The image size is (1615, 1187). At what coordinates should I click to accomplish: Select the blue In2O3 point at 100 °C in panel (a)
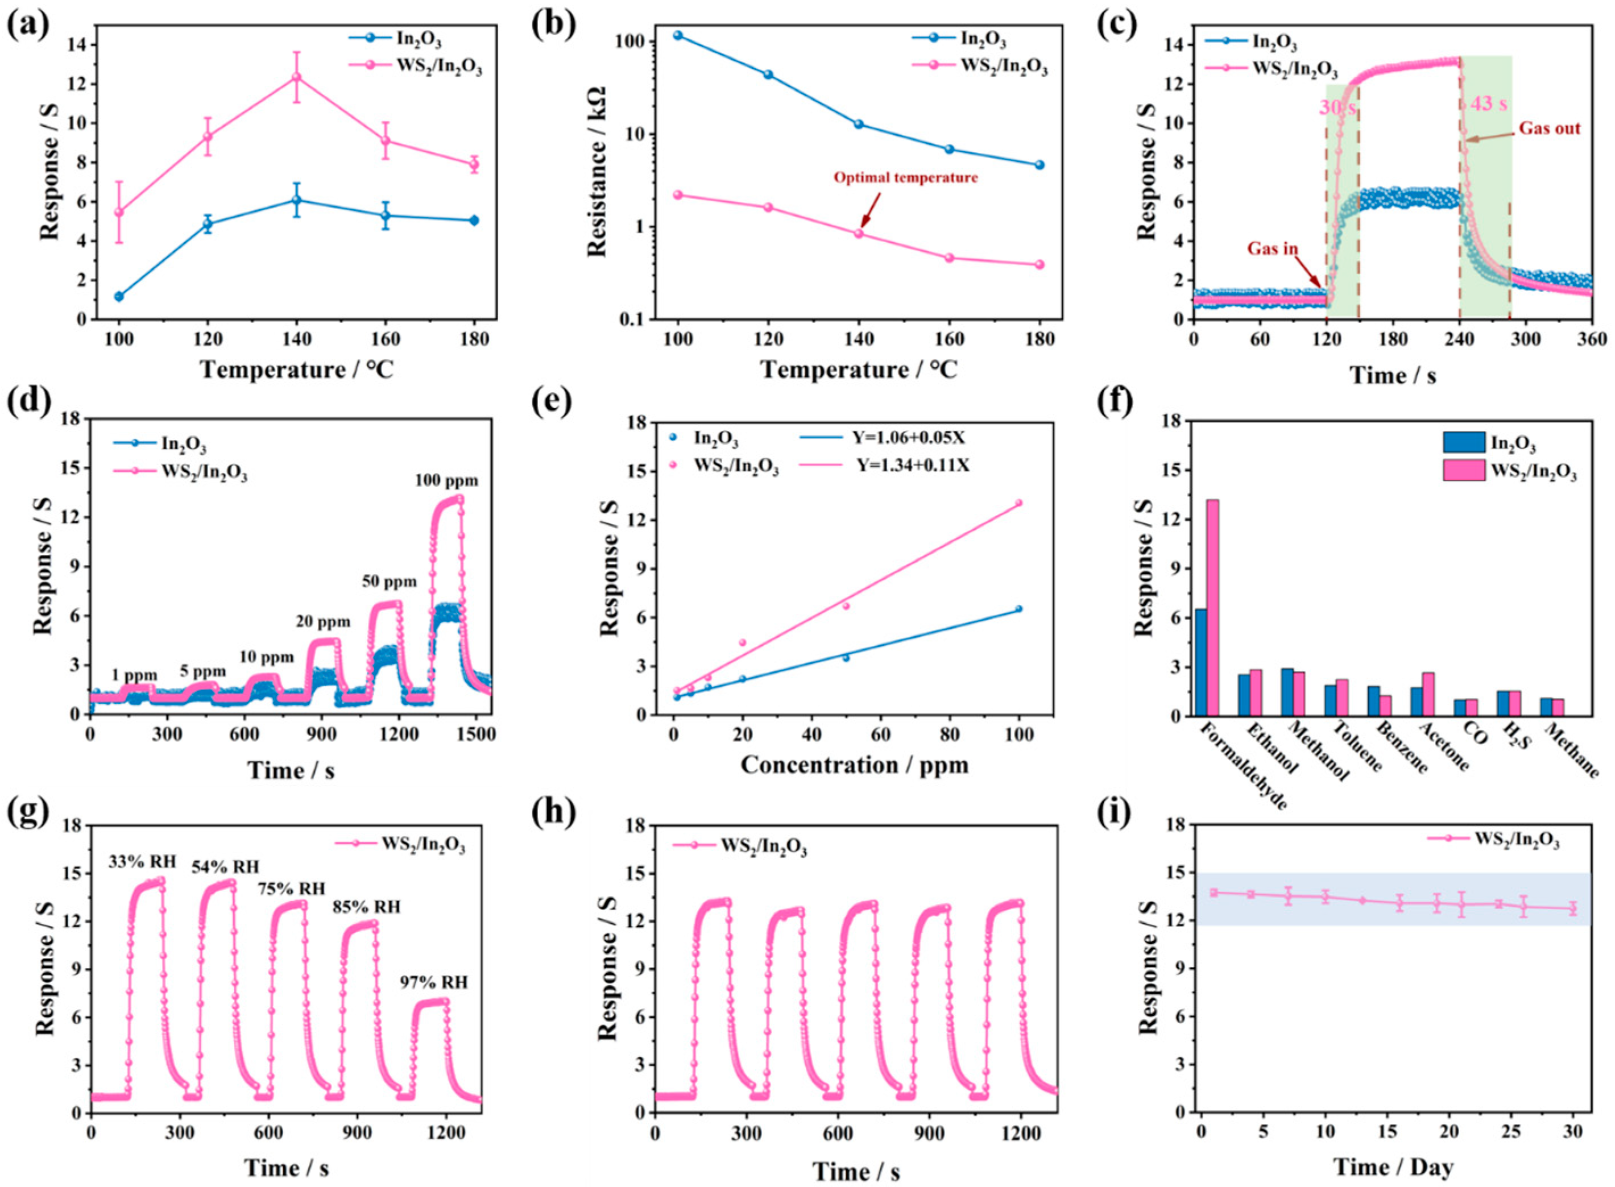click(119, 296)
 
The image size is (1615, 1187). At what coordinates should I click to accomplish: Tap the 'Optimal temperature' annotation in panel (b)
click(906, 177)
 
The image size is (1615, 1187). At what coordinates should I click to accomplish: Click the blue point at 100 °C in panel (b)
click(678, 35)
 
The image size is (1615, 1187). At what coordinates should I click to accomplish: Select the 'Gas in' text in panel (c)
click(1272, 248)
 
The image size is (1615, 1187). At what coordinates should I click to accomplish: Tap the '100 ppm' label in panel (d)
click(446, 481)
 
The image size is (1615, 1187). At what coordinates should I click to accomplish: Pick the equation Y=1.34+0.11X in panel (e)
click(913, 465)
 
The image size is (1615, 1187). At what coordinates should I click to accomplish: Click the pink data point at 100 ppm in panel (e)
click(1018, 503)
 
